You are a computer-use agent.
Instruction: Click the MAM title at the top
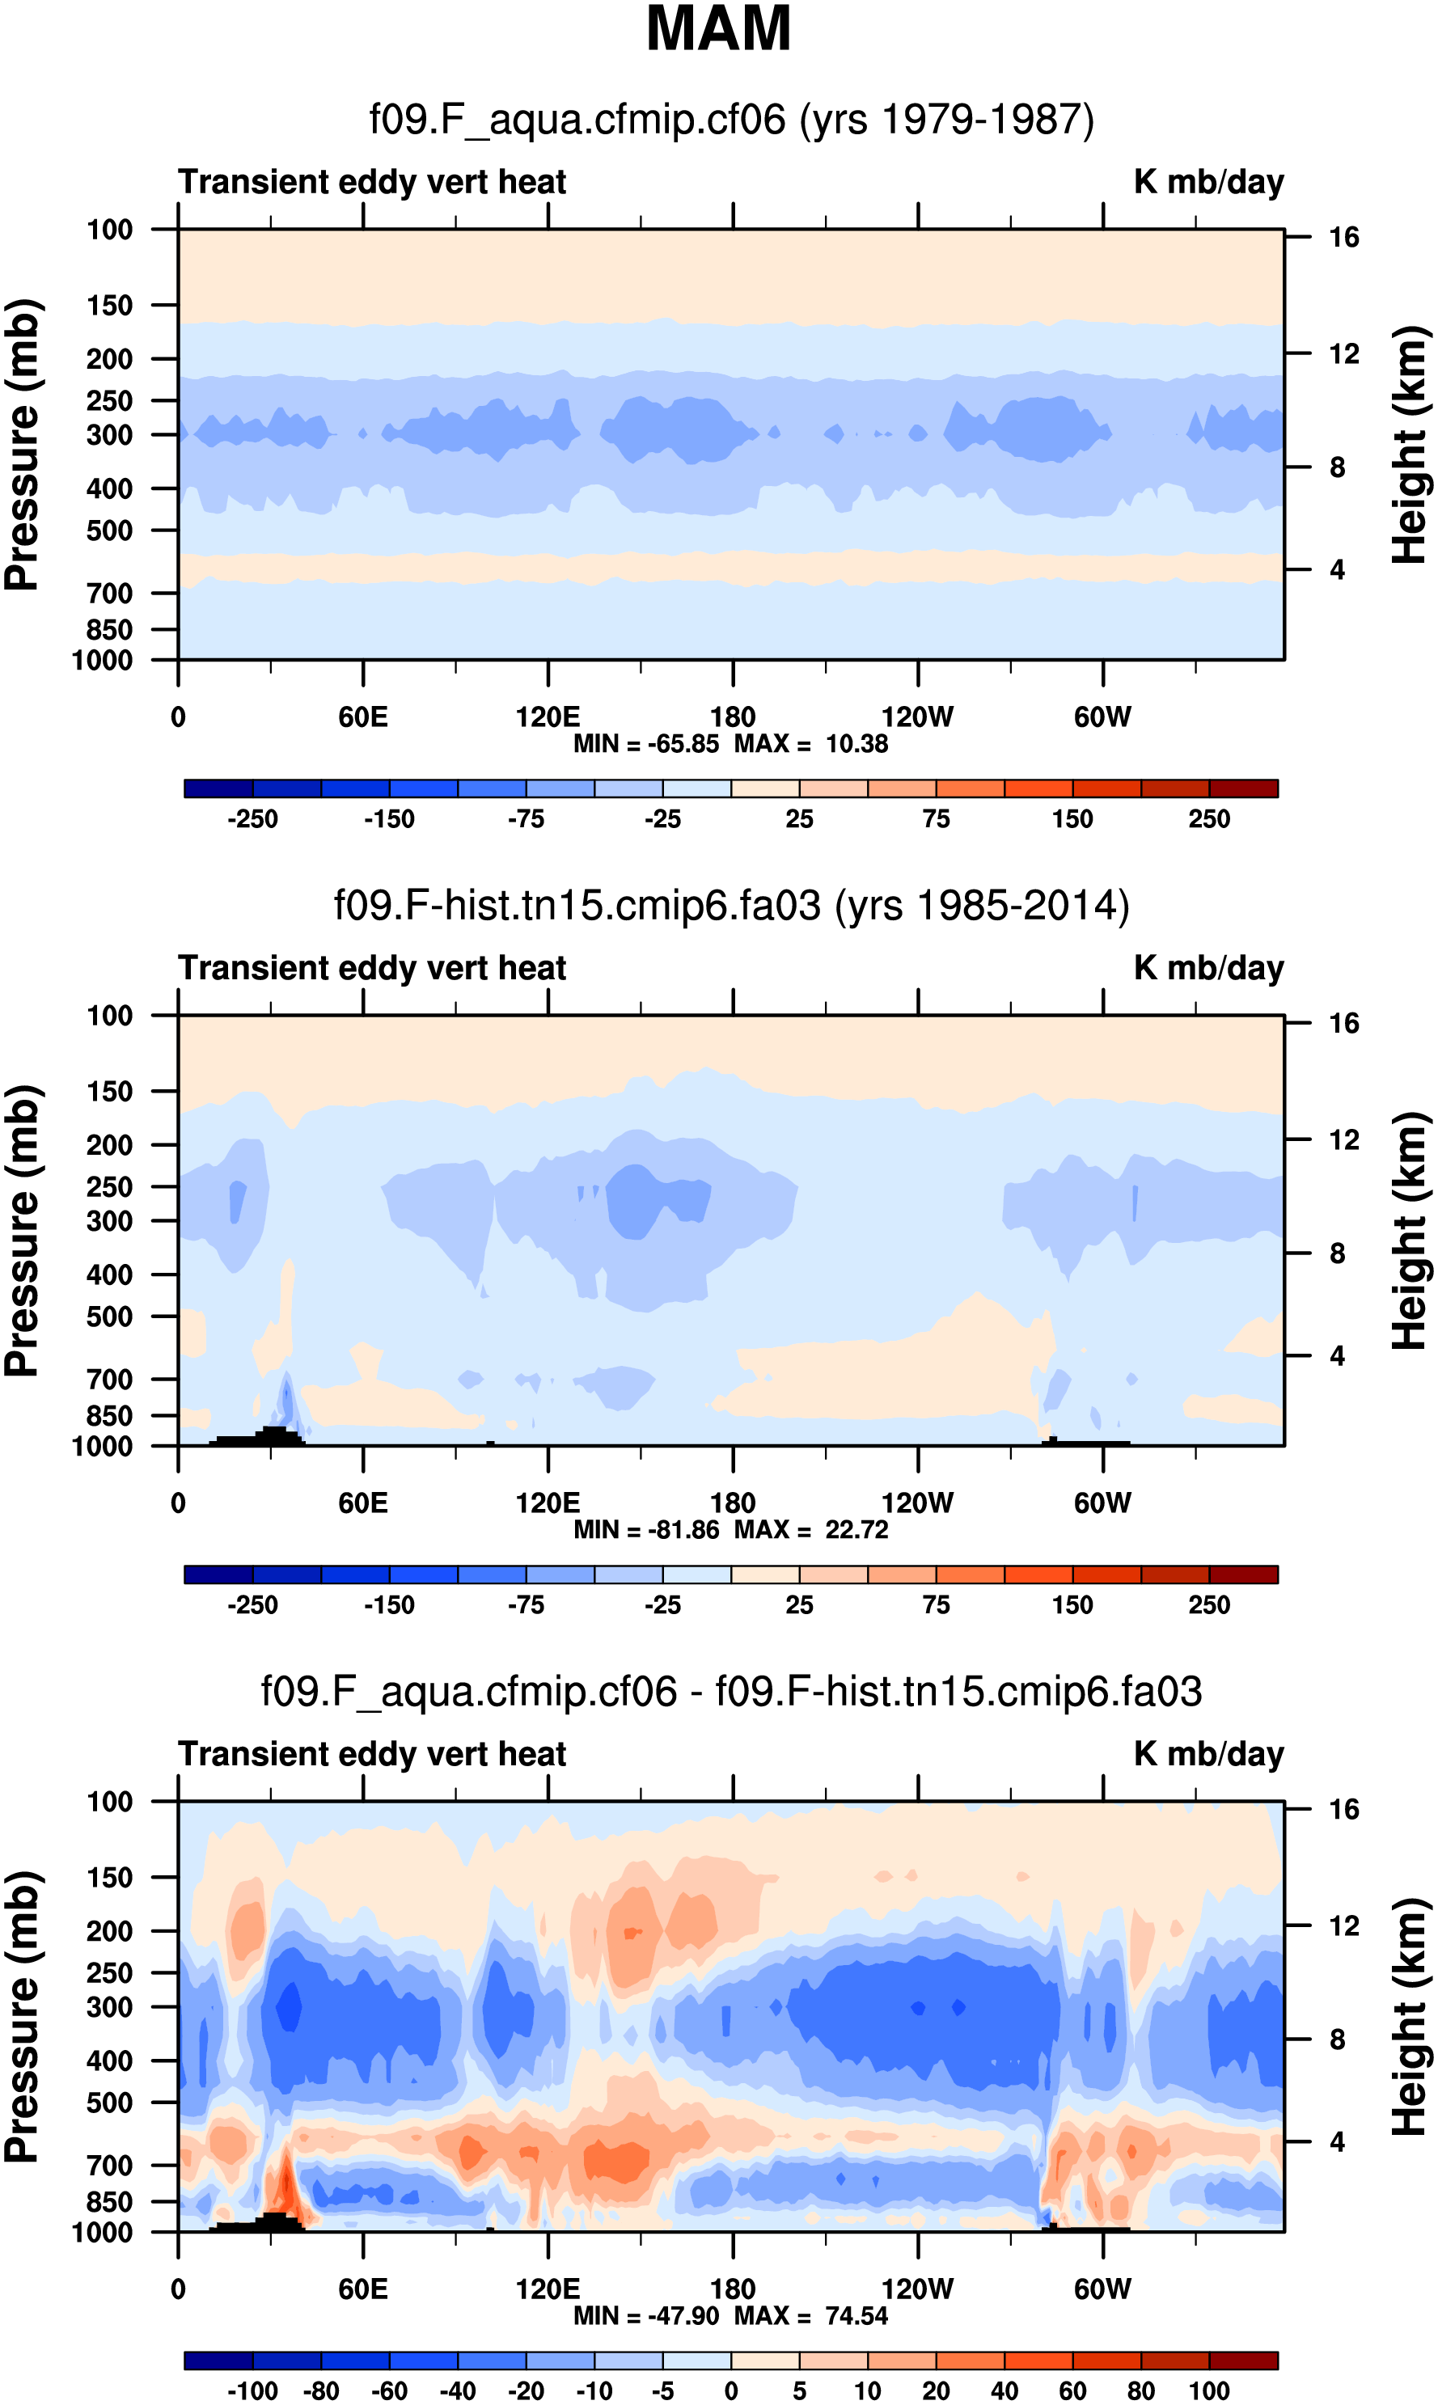[x=718, y=29]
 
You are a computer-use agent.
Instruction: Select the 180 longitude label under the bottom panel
[x=733, y=2289]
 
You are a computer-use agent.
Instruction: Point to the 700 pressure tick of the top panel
[x=109, y=593]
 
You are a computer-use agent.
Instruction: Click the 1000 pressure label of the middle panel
[x=103, y=1446]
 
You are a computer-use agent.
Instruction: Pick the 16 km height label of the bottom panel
[x=1343, y=1809]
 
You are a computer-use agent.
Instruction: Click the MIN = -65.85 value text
[x=645, y=744]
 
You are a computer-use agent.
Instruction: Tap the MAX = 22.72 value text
[x=811, y=1529]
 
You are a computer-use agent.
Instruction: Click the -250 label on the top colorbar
[x=252, y=819]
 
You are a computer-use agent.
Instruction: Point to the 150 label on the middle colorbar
[x=1072, y=1605]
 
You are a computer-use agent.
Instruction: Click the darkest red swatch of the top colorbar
[x=1243, y=788]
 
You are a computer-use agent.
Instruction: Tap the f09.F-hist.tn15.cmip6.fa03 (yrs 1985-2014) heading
[x=732, y=906]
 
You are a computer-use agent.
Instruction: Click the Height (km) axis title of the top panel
[x=1410, y=446]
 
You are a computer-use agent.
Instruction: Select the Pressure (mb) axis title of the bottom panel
[x=21, y=2017]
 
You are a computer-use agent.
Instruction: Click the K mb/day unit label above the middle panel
[x=1208, y=968]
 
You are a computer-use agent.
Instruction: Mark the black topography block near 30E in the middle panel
[x=273, y=1435]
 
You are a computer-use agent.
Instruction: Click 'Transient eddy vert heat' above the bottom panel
[x=372, y=1753]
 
